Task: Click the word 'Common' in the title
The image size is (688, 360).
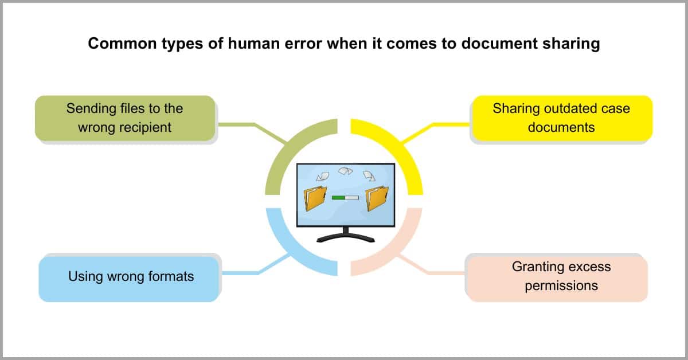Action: pos(122,44)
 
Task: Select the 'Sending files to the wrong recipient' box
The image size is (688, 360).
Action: pos(125,118)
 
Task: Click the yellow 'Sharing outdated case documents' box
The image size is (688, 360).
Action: pos(562,118)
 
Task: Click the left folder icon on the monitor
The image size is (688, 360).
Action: pos(315,198)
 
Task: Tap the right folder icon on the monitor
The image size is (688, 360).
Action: pos(377,198)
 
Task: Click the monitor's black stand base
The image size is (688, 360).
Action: pos(346,238)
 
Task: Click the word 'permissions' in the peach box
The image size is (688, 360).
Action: pos(561,286)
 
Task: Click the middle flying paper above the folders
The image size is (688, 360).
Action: pos(346,171)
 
